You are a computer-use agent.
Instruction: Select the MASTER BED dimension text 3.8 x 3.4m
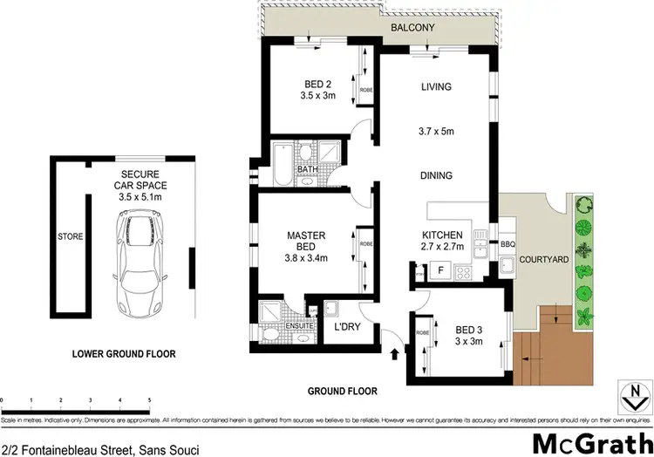(x=306, y=257)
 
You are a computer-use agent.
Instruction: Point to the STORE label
(x=70, y=235)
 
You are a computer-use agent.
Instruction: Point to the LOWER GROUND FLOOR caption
(x=124, y=354)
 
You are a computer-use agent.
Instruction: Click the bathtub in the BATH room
(x=281, y=163)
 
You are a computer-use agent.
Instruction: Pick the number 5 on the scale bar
(x=149, y=400)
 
